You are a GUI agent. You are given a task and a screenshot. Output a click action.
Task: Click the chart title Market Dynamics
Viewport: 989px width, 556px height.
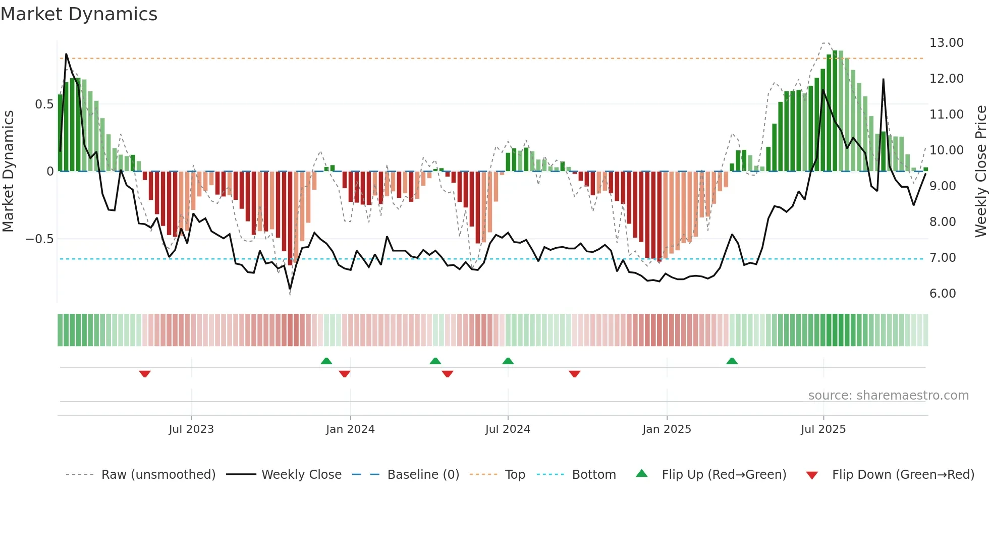(x=79, y=14)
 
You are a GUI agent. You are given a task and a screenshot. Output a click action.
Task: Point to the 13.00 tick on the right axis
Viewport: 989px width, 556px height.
(x=946, y=43)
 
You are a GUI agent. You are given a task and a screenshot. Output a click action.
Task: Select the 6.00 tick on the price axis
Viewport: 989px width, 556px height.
(x=942, y=294)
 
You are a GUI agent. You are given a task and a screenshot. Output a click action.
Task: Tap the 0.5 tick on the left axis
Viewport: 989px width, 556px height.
(x=44, y=104)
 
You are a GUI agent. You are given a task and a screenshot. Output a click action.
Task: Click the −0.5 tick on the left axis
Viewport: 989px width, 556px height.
(x=39, y=239)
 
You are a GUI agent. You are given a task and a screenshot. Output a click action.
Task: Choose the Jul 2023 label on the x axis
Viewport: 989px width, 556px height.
(x=191, y=429)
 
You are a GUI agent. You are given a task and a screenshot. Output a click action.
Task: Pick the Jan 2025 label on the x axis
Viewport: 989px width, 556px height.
(x=667, y=429)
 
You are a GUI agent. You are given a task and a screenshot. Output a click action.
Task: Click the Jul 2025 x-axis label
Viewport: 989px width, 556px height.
(x=823, y=429)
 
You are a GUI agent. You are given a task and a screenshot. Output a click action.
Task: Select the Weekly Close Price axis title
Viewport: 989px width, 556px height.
(x=980, y=172)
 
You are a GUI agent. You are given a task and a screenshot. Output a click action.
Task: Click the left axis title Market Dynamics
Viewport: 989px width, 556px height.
(x=8, y=172)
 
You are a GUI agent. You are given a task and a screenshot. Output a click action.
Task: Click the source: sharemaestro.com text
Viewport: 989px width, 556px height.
(x=888, y=396)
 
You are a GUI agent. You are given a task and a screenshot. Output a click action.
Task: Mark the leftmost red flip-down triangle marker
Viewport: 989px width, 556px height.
(x=145, y=374)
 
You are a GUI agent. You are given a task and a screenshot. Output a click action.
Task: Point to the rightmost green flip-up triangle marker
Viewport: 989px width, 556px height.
(x=732, y=361)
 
